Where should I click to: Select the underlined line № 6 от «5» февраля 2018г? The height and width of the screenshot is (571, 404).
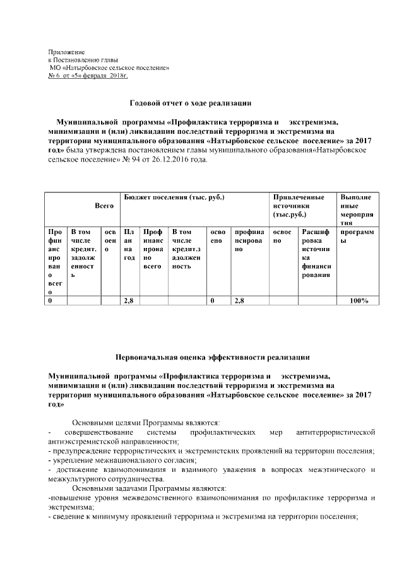coord(88,76)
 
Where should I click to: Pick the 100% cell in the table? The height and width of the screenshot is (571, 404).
coord(359,301)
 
